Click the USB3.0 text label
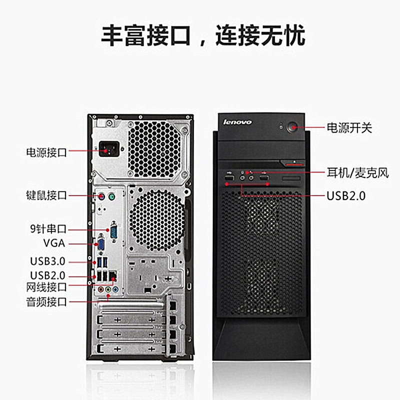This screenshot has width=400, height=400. click(x=48, y=260)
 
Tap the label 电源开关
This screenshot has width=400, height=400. click(x=349, y=127)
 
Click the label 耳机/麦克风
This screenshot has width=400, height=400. click(x=357, y=173)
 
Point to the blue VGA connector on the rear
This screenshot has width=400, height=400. click(x=100, y=244)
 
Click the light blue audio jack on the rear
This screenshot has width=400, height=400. click(x=115, y=289)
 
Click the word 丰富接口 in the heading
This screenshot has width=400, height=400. click(x=148, y=36)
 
